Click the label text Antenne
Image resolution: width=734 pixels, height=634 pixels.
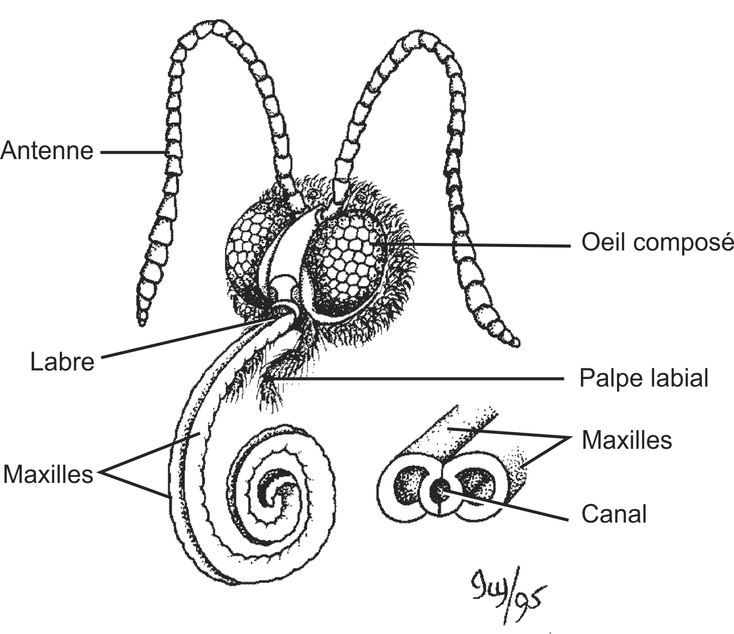47,151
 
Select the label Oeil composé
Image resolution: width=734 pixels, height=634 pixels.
657,242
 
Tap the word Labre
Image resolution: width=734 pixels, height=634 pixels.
62,362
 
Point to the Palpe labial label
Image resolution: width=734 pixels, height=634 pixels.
644,378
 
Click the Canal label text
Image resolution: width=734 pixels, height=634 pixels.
614,514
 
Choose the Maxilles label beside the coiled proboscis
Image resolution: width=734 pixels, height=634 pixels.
48,473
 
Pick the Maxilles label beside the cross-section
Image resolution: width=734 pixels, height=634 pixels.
627,440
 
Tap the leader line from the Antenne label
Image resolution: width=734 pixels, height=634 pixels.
133,151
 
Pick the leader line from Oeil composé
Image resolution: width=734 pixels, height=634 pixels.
477,245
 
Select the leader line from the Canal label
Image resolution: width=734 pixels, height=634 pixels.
507,504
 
